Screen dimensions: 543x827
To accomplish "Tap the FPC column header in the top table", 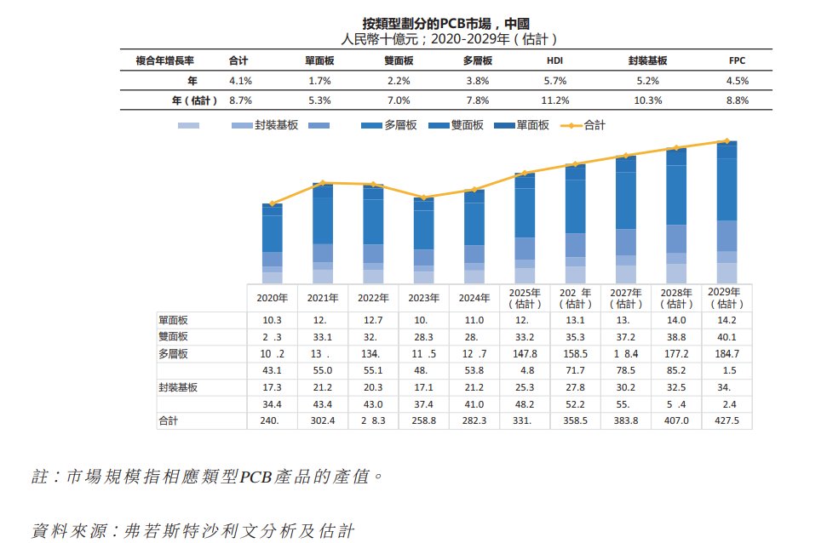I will (738, 60).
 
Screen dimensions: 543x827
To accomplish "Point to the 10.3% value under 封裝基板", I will (649, 100).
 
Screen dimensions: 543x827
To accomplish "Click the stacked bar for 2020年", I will (272, 243).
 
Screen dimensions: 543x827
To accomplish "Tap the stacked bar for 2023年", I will (423, 240).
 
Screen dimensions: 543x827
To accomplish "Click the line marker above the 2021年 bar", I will (323, 183).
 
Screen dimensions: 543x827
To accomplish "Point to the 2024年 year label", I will (474, 299).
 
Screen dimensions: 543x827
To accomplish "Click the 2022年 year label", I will (373, 299).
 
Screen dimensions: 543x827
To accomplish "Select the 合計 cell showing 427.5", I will (726, 420).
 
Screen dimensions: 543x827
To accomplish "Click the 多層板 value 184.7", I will (726, 353).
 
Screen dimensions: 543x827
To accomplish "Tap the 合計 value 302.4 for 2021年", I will (323, 420).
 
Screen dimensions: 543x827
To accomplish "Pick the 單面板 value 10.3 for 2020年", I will (272, 320).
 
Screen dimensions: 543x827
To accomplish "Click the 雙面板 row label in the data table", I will (173, 337).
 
